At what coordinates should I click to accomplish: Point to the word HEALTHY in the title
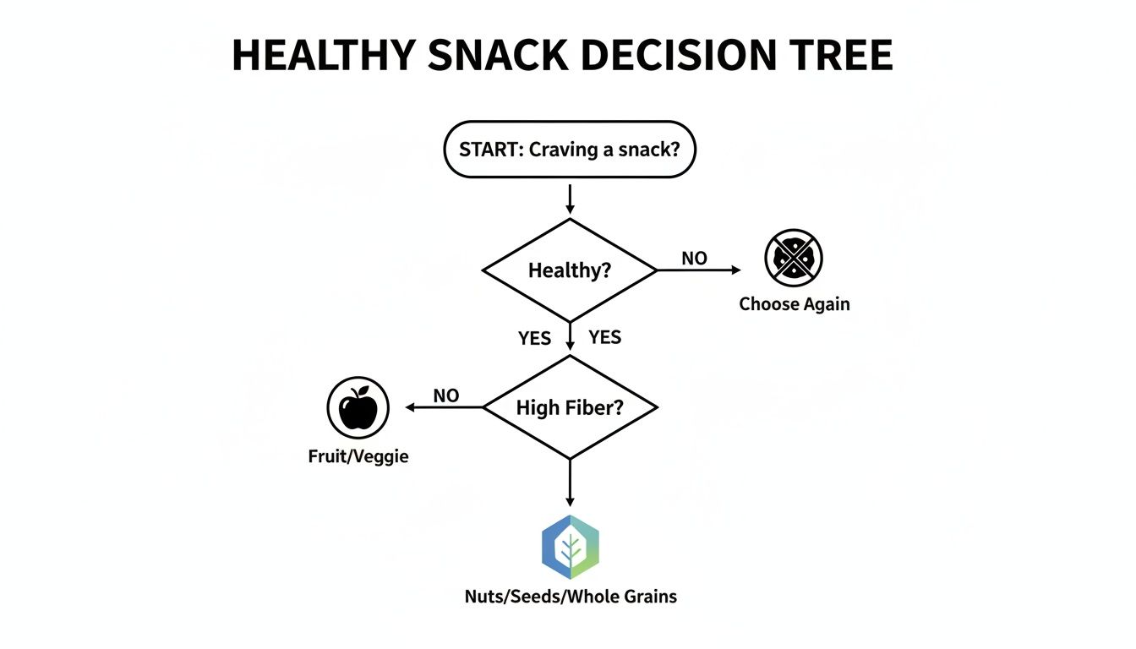tap(325, 56)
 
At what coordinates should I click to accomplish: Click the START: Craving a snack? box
tap(569, 150)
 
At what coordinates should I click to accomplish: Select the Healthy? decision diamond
tap(569, 270)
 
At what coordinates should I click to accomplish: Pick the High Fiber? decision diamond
tap(569, 407)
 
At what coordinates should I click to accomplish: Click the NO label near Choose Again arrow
tap(694, 259)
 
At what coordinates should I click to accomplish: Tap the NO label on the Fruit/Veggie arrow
tap(445, 395)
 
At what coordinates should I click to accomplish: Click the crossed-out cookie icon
tap(794, 258)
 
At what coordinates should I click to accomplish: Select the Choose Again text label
tap(794, 304)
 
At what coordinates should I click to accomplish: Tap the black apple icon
tap(358, 408)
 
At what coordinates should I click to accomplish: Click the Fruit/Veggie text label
tap(358, 457)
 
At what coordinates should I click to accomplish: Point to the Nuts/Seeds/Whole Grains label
tap(571, 597)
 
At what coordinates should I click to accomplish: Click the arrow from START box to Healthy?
tap(570, 198)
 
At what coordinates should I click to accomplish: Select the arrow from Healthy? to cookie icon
tap(698, 270)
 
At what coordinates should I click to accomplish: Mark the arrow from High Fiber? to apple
tap(444, 407)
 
